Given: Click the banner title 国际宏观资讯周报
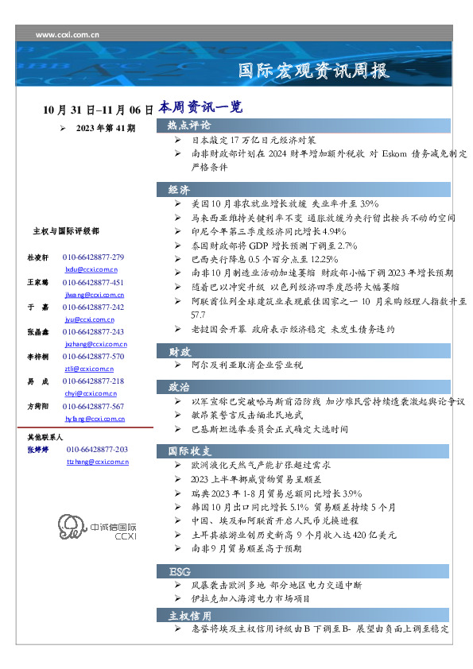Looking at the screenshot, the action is [x=314, y=72].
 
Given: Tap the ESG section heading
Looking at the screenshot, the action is [x=179, y=572].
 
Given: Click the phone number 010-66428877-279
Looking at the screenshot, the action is [x=93, y=257].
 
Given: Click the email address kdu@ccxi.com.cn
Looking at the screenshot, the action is [x=84, y=269].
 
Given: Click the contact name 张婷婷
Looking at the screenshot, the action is [x=38, y=450].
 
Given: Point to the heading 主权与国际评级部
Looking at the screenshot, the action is [x=66, y=231].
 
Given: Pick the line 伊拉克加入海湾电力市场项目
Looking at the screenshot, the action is [x=251, y=598].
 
